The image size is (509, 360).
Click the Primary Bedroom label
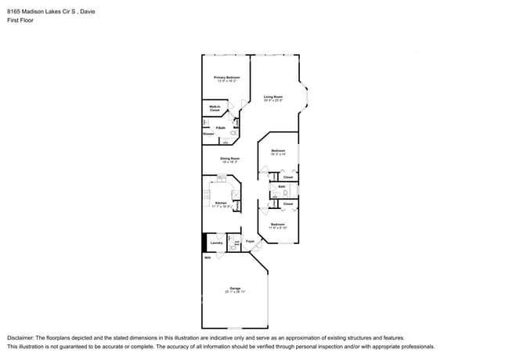226,78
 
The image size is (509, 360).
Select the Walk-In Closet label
214,109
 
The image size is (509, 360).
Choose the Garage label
235,290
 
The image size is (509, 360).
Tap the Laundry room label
217,243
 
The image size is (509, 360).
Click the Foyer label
250,241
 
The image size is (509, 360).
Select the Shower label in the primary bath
208,134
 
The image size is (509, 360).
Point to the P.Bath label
221,128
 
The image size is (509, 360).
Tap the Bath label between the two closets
281,186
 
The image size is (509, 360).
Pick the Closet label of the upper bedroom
287,177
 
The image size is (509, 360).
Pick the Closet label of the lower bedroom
287,203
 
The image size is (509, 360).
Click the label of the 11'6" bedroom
278,225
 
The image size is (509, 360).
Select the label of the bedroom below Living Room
278,152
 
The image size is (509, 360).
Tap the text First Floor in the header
20,21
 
